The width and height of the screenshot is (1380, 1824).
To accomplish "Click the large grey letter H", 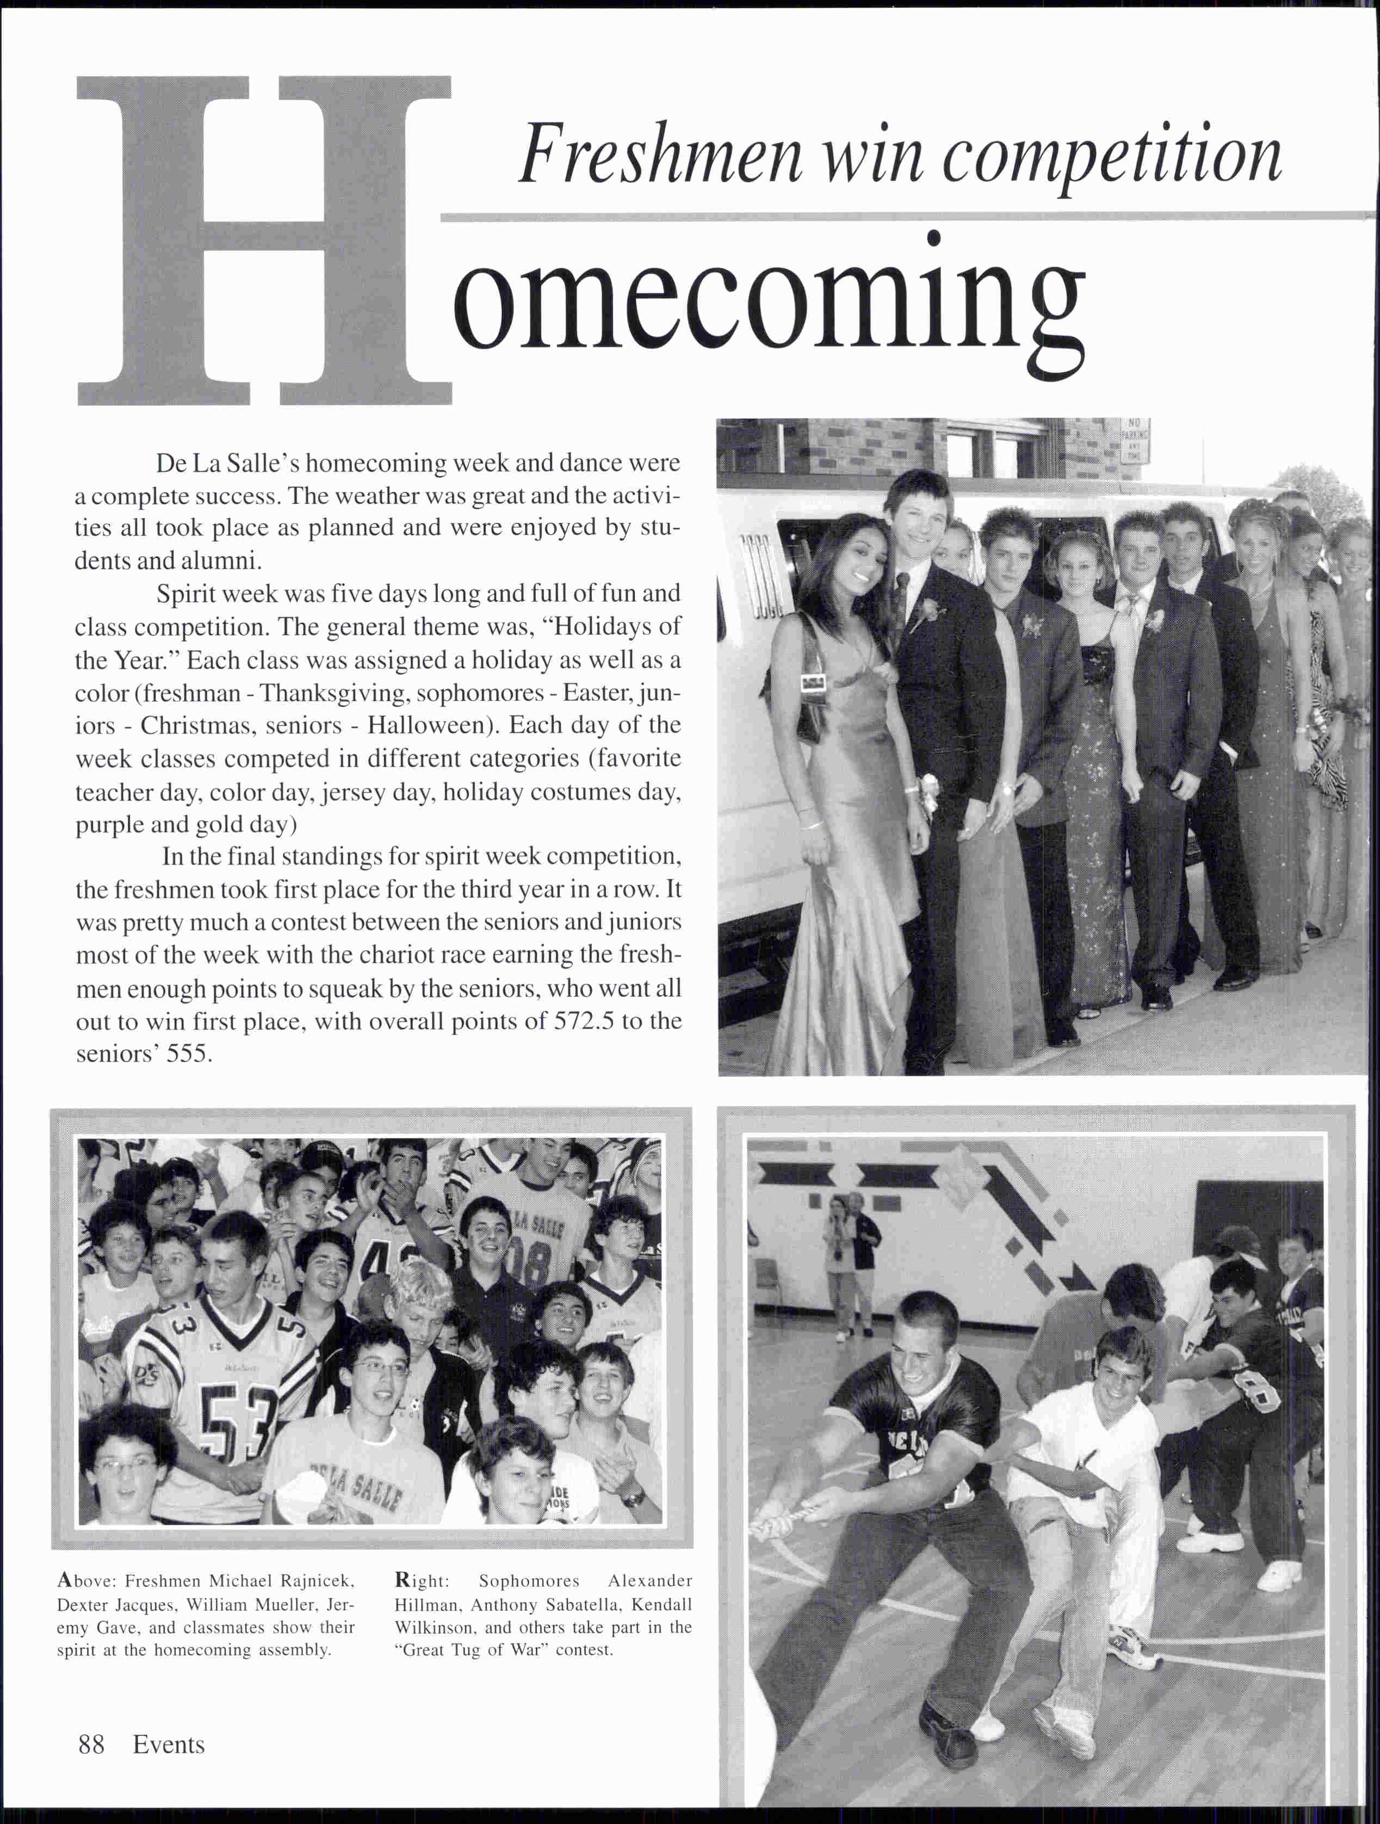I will [264, 239].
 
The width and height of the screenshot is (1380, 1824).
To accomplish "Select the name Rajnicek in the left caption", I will [317, 1581].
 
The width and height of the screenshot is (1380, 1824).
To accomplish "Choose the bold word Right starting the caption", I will [421, 1581].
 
